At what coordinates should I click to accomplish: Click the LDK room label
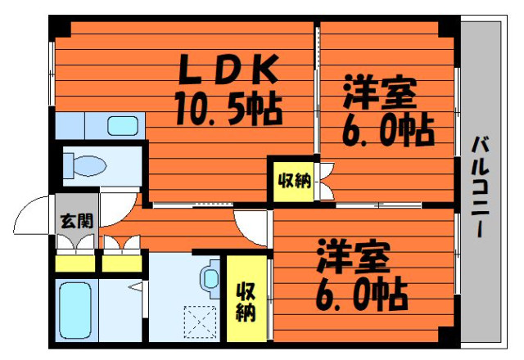(x=228, y=69)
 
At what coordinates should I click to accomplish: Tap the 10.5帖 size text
(x=228, y=107)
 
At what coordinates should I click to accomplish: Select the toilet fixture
(x=85, y=164)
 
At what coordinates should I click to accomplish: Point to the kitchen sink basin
(x=123, y=125)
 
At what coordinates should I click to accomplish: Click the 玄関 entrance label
(x=76, y=221)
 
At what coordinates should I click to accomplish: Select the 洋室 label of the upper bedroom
(x=380, y=92)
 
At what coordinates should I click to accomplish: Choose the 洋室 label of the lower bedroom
(x=355, y=256)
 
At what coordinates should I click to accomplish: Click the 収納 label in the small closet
(x=294, y=181)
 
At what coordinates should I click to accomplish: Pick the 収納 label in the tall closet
(x=246, y=302)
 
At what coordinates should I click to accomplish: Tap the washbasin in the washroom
(x=210, y=278)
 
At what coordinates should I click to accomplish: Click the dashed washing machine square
(x=201, y=322)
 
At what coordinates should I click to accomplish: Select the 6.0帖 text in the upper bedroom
(x=388, y=131)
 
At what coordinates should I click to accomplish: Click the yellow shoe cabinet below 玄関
(x=75, y=263)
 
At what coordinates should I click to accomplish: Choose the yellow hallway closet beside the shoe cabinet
(x=122, y=263)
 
